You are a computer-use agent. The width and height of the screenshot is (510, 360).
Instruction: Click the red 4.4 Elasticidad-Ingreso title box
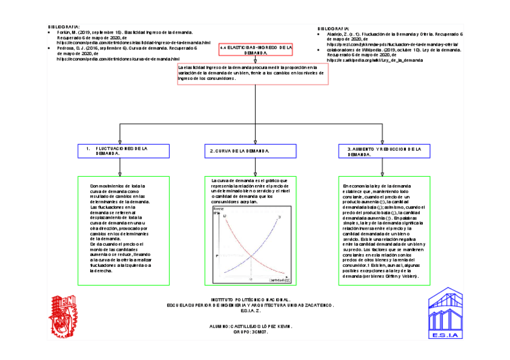coord(256,50)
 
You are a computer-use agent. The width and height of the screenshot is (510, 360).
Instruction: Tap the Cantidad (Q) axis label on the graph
coord(279,279)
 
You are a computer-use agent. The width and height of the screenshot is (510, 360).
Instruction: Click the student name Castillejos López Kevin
coord(248,325)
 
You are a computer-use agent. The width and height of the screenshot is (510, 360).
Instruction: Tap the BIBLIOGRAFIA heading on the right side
coord(333,28)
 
